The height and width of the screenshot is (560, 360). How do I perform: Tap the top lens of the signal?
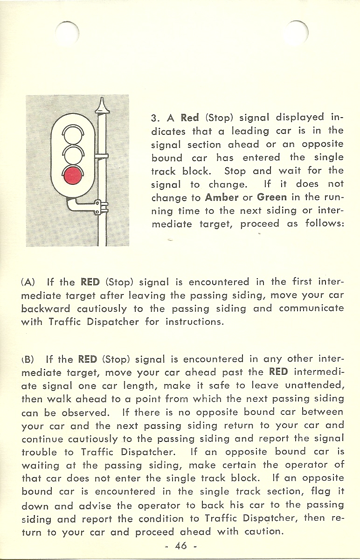click(73, 135)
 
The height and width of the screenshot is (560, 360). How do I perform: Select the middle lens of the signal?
click(73, 155)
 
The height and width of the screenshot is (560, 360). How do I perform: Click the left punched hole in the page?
click(67, 34)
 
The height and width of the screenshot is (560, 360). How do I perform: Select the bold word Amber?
click(222, 197)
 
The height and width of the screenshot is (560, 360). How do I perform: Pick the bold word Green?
click(271, 197)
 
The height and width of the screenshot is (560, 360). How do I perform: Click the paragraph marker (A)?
click(28, 282)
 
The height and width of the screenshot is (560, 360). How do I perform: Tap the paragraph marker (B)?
click(28, 360)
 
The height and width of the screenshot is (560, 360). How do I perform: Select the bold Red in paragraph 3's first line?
click(190, 117)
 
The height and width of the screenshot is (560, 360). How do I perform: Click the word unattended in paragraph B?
click(315, 386)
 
